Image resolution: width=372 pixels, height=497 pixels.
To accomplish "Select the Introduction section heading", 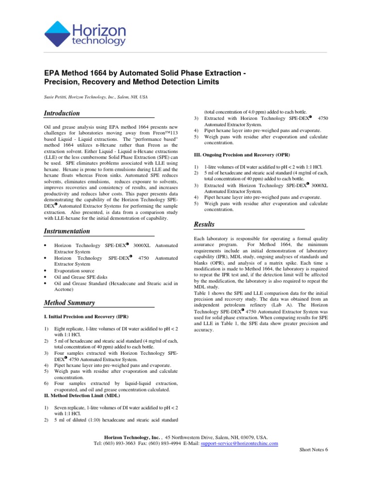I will tap(62, 113).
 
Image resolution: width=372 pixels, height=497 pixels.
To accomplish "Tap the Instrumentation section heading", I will tap(67, 231).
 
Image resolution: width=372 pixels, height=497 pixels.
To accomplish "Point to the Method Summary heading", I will tap(69, 303).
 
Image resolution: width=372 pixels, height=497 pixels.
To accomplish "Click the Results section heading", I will tap(204, 224).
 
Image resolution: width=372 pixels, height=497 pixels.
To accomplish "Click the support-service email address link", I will tap(239, 443).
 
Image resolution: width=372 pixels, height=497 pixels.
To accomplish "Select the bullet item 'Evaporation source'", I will tap(75, 270).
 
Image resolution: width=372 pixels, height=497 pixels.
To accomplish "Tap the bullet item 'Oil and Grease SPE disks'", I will tap(79, 277).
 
